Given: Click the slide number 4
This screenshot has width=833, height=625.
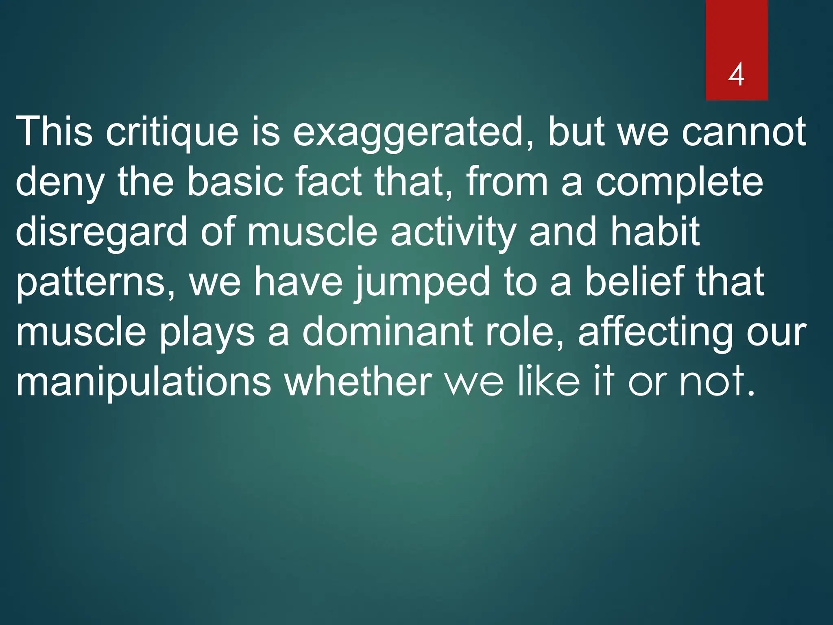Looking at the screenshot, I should point(736,75).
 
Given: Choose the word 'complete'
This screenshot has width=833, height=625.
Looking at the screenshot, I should point(679,182).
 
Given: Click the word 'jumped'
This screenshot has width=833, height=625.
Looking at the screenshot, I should point(423,282).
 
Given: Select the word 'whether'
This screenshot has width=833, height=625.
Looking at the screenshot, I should point(358,381).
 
